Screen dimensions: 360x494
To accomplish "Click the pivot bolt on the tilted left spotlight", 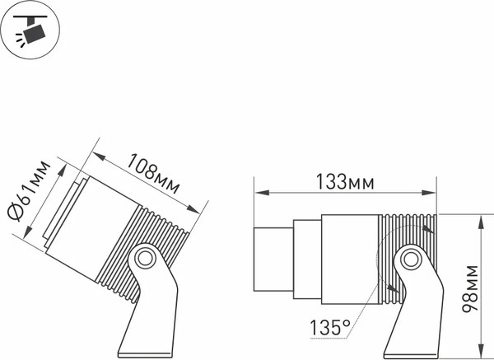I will tap(145, 258).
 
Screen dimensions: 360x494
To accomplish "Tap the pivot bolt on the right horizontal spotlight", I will tap(410, 261).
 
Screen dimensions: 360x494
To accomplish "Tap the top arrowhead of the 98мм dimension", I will tap(482, 217).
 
